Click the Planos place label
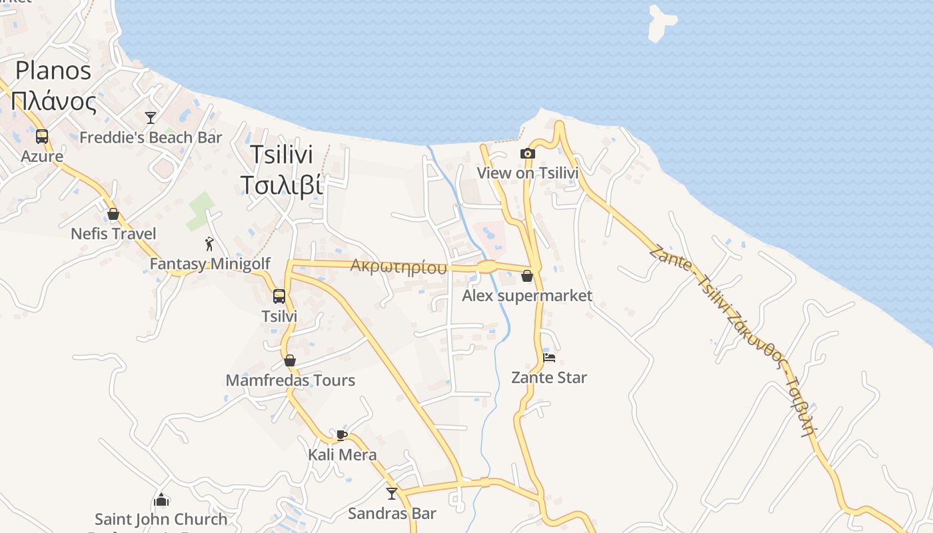point(53,70)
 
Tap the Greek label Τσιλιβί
point(281,185)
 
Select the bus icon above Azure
point(42,137)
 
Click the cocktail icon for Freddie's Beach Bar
point(151,118)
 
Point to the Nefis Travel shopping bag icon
point(113,214)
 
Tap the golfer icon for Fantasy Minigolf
point(209,244)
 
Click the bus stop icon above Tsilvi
point(279,296)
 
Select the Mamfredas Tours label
point(290,380)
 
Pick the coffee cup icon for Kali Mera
point(342,435)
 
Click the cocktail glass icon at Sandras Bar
point(392,494)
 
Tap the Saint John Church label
point(161,519)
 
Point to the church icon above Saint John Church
point(161,499)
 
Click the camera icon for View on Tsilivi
point(527,154)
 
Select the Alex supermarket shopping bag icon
point(527,276)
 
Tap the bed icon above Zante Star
point(549,357)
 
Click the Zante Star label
point(549,378)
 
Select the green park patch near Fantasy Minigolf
point(200,211)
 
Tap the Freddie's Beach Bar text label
point(151,138)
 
